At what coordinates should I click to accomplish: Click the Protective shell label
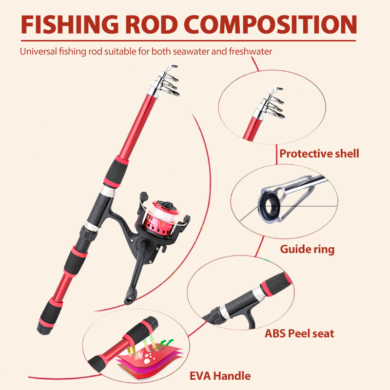(319, 154)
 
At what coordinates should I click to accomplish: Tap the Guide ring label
(307, 249)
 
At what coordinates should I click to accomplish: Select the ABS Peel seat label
(299, 334)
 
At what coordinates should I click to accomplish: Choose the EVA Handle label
(220, 376)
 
